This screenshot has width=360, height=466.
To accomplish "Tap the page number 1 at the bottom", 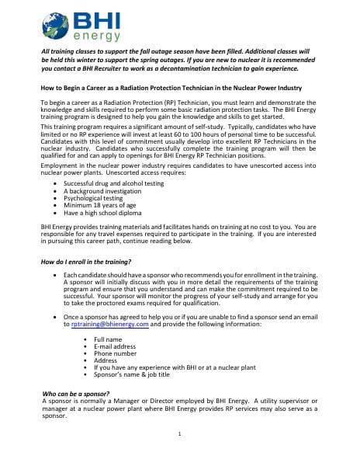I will coord(179,434).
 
